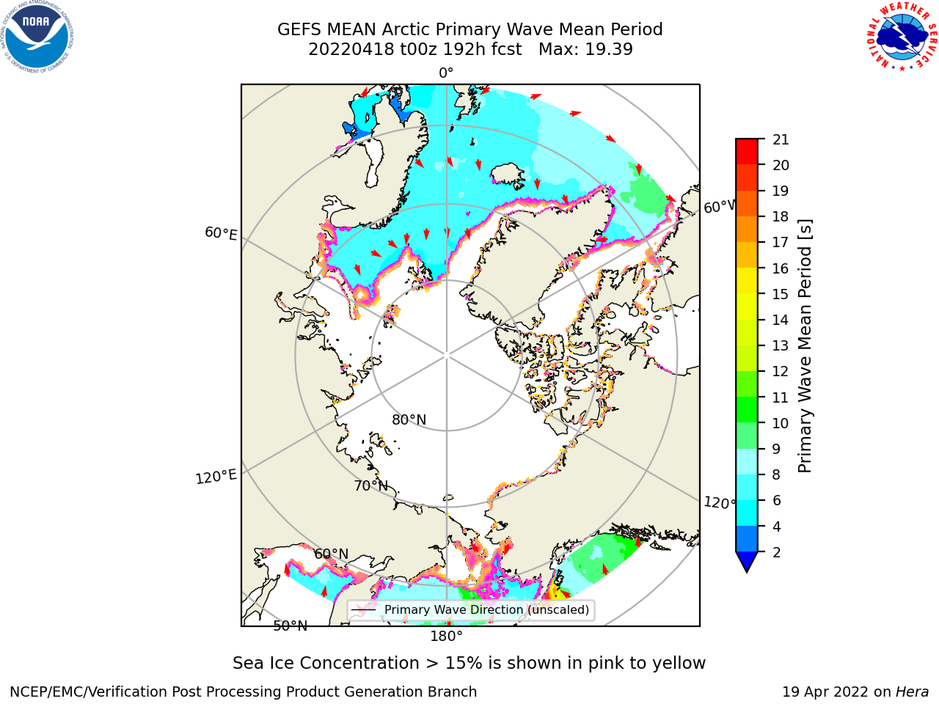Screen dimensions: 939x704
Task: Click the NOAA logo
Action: (x=37, y=37)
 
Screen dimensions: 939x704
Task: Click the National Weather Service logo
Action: (x=902, y=37)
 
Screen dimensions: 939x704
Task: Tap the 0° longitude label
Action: (x=446, y=73)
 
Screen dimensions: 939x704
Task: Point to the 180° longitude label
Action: (x=446, y=637)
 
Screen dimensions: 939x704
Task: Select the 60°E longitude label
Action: (x=221, y=233)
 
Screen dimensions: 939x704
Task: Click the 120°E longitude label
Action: (x=216, y=477)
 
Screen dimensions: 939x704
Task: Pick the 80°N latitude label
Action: (x=409, y=419)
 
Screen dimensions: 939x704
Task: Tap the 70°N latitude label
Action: (x=371, y=485)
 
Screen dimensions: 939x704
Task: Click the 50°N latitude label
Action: (x=291, y=626)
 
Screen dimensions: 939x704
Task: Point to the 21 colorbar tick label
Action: (x=781, y=140)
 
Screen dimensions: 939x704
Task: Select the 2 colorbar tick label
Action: (x=777, y=552)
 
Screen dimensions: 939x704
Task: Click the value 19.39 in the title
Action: (x=608, y=50)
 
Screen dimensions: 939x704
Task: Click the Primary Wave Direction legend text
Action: (x=487, y=609)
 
